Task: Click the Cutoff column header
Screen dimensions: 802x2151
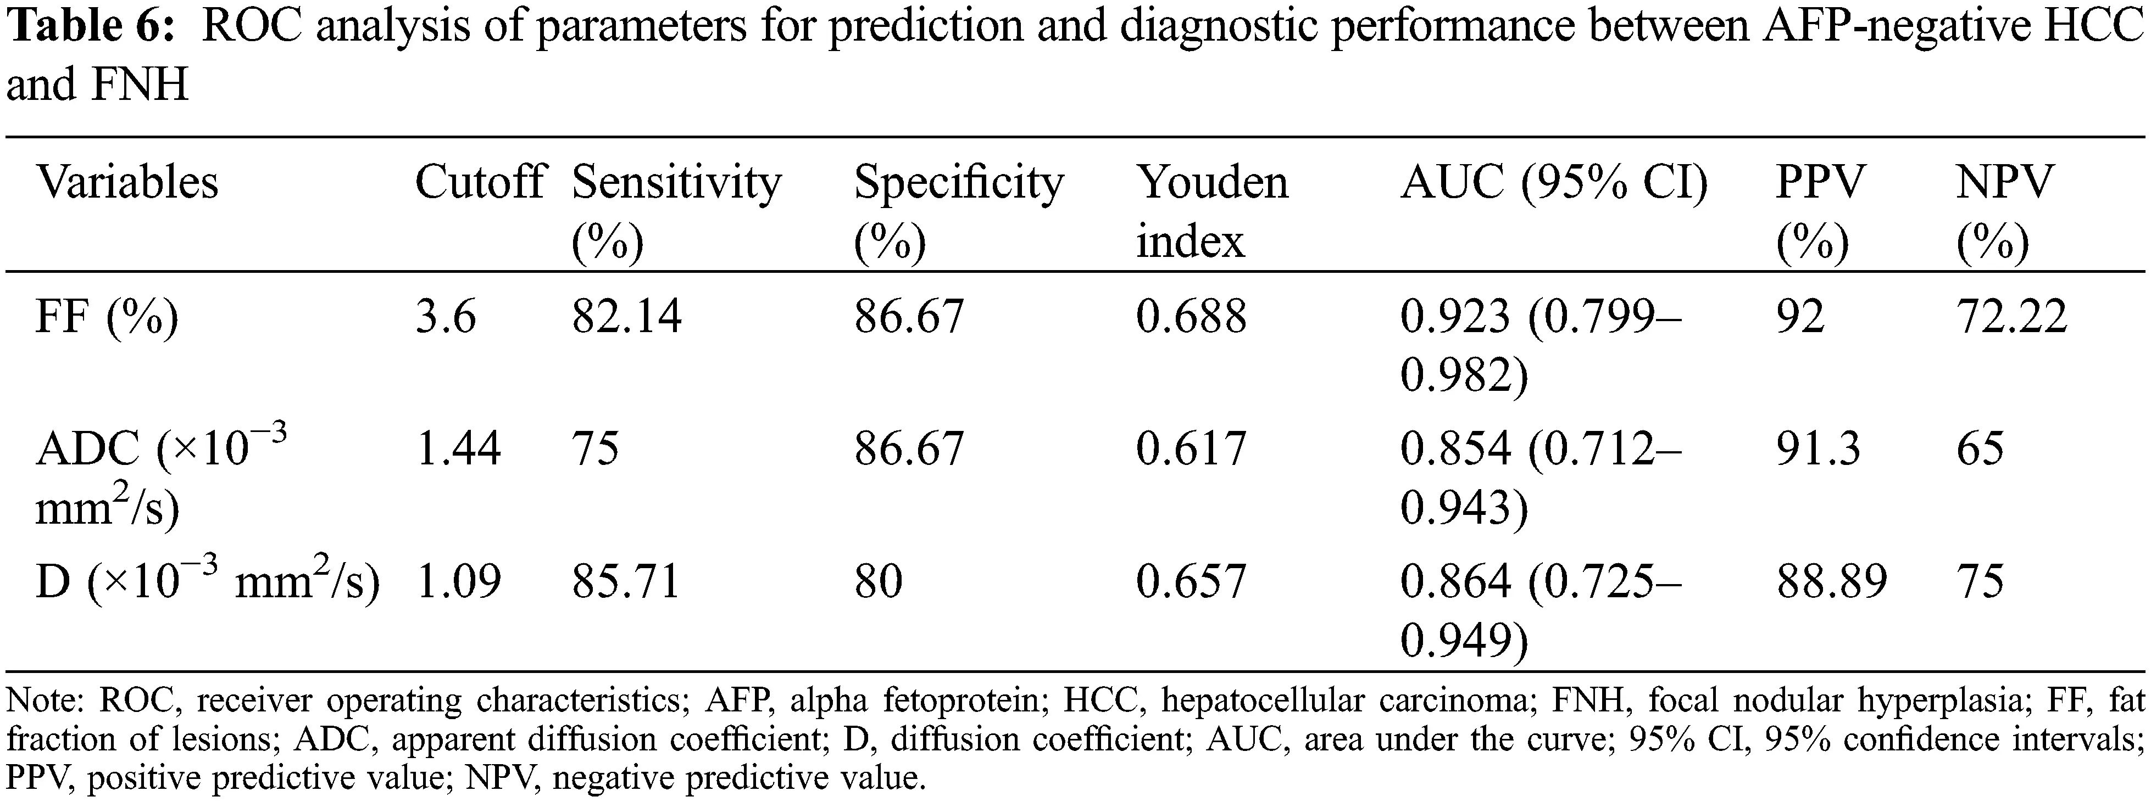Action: click(x=479, y=182)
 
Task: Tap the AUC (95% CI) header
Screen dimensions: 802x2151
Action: click(x=1554, y=182)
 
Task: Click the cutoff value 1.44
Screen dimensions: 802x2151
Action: click(x=458, y=449)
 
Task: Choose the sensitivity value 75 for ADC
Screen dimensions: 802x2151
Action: click(x=596, y=449)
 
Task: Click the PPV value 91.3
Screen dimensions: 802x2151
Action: click(x=1818, y=449)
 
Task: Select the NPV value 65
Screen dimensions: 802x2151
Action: click(x=1980, y=449)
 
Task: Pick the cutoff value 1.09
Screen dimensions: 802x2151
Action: click(x=458, y=582)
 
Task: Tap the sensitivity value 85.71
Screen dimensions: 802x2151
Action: click(x=626, y=582)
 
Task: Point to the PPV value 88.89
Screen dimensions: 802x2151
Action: click(x=1831, y=582)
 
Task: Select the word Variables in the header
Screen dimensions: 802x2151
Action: click(x=127, y=182)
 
